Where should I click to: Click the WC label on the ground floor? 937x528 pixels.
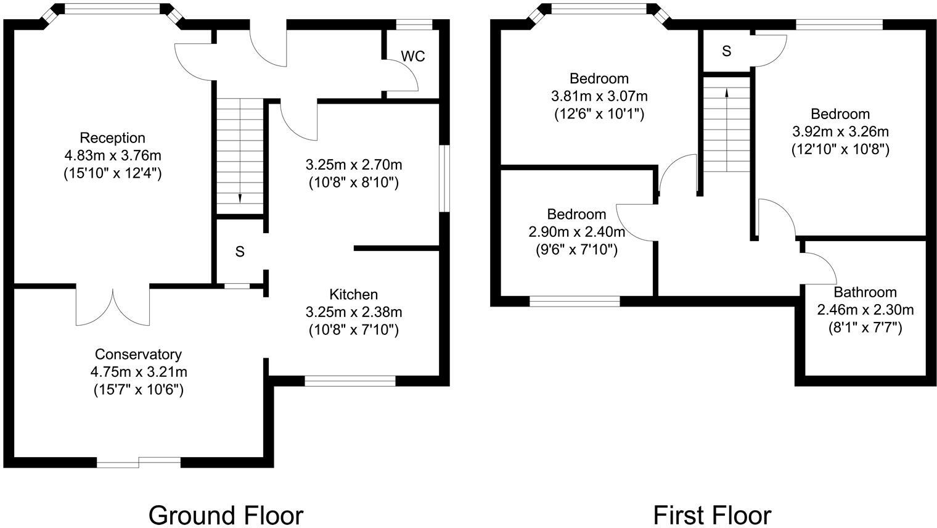[x=413, y=56]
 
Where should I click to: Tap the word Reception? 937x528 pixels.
[x=113, y=138]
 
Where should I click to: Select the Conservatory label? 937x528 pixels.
[x=139, y=355]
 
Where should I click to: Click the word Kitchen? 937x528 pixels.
[x=353, y=295]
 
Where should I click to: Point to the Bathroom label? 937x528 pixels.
[x=865, y=292]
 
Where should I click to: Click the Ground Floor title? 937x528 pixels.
[x=226, y=516]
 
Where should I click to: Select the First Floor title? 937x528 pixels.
[x=713, y=516]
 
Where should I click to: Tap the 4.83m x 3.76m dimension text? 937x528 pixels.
[x=113, y=156]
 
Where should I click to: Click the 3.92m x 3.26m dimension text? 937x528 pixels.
[x=840, y=132]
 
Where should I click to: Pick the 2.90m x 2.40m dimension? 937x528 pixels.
[x=577, y=232]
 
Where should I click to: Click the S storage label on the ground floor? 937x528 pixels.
[x=240, y=252]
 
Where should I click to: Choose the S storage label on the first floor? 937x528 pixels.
[x=727, y=51]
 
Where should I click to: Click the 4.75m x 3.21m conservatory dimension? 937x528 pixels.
[x=139, y=372]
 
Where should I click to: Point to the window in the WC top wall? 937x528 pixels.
[x=414, y=25]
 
